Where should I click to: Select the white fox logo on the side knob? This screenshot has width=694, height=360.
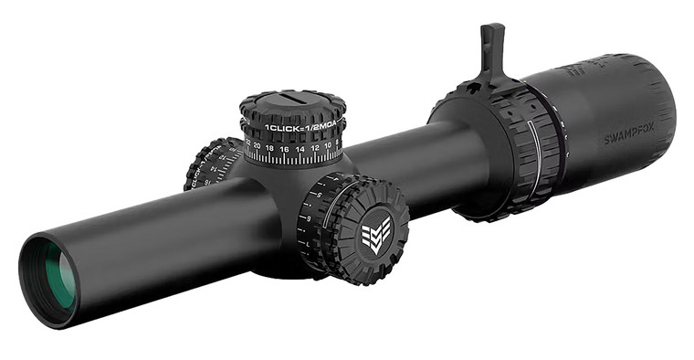[374, 236]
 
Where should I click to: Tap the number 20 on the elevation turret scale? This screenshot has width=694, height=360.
[258, 145]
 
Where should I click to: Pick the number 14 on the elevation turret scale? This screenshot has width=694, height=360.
[300, 148]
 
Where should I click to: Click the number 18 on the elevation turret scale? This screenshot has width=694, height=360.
[271, 147]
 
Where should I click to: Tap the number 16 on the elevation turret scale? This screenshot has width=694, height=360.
[285, 148]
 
